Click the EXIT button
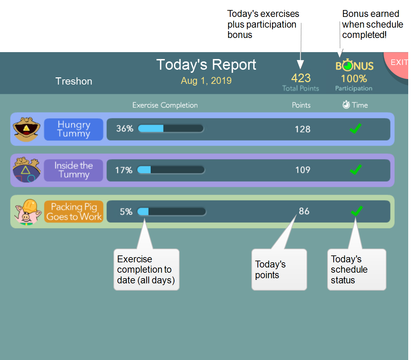click(x=398, y=64)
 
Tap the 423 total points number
click(x=301, y=78)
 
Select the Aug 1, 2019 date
click(x=206, y=80)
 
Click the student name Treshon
click(x=73, y=81)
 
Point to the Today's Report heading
click(x=206, y=65)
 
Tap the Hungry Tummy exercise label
click(x=73, y=129)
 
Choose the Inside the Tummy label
click(x=73, y=170)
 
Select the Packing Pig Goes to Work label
click(x=73, y=212)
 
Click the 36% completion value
click(x=124, y=129)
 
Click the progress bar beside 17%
click(x=171, y=170)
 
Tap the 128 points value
click(x=302, y=129)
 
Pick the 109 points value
click(x=303, y=170)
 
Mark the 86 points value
click(x=304, y=211)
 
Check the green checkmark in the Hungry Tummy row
click(x=355, y=128)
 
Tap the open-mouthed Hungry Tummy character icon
click(x=27, y=129)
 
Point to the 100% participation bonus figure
click(x=354, y=79)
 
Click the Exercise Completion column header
click(x=165, y=105)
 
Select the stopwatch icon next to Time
click(x=346, y=104)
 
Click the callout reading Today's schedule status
click(x=356, y=270)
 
